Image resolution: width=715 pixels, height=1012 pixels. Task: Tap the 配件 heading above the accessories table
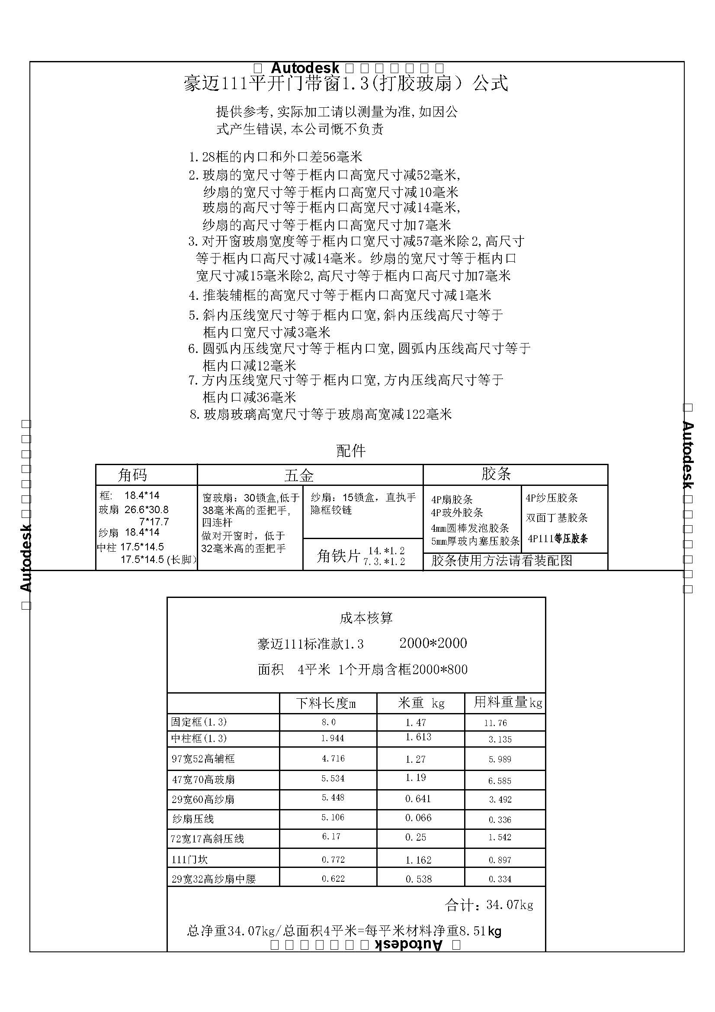pos(351,450)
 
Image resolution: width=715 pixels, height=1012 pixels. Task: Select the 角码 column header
pos(133,475)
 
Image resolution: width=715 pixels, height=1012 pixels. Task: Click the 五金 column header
pos(299,475)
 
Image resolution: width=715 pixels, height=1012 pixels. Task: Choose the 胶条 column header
pos(496,474)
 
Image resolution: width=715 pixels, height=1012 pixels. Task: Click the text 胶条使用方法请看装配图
pos(501,561)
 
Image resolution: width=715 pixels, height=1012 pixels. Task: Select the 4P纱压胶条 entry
pos(551,498)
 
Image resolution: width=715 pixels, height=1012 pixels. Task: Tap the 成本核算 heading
pos(366,618)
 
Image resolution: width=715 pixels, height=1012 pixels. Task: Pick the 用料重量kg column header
pos(507,703)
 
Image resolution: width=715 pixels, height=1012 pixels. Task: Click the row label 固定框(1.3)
pos(199,722)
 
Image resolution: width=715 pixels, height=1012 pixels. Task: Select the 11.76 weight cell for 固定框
pos(496,723)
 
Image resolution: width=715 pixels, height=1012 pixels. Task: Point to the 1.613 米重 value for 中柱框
pos(418,737)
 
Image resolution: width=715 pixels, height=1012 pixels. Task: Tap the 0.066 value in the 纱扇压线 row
pos(418,818)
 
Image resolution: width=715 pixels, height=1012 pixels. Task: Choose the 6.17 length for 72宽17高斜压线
pos(331,837)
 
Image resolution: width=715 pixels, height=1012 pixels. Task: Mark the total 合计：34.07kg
pos(489,905)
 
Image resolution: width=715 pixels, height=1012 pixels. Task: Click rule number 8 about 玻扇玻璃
pos(321,414)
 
